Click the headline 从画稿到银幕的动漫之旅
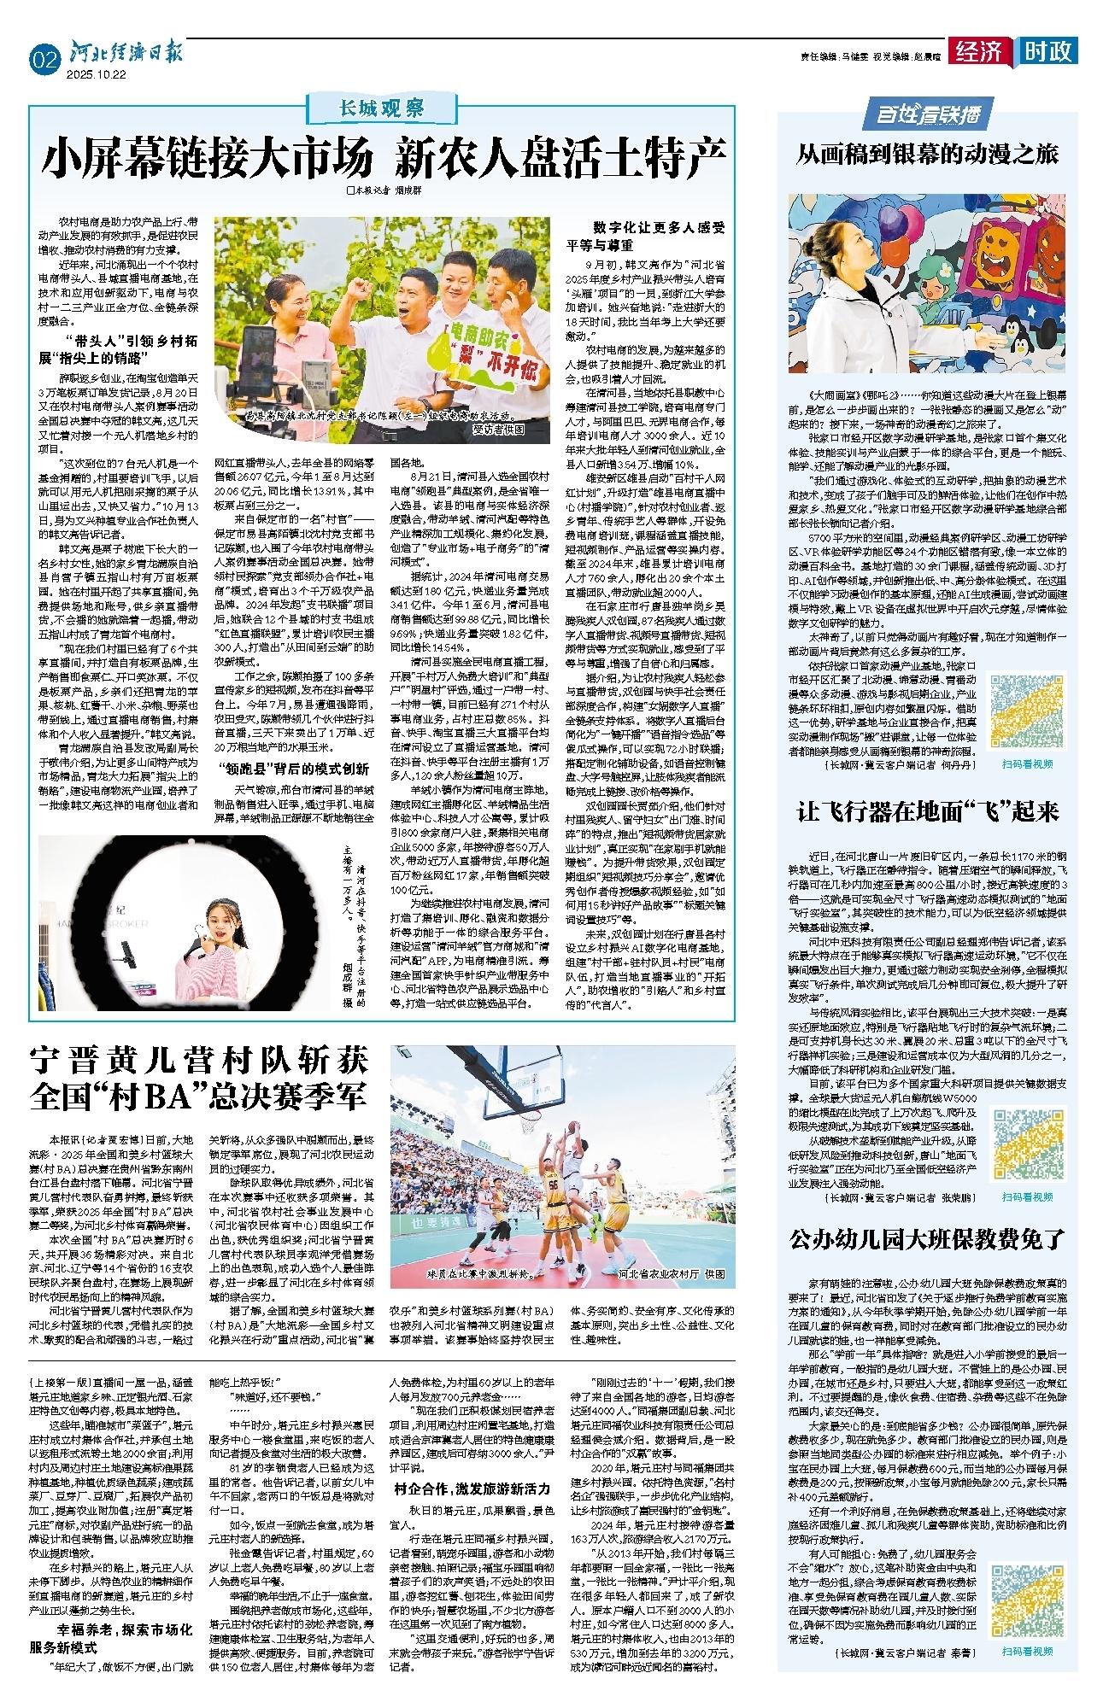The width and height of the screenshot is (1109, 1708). (927, 154)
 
